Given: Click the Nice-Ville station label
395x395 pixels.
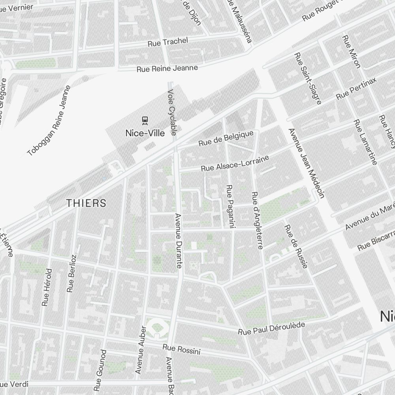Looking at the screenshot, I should click(x=145, y=133).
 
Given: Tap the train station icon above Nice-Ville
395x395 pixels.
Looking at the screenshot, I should click(x=145, y=119).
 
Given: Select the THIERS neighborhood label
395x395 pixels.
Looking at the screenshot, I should click(x=86, y=203).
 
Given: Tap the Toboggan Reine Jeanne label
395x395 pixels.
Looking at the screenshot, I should click(x=49, y=120).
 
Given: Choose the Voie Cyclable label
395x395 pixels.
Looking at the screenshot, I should click(x=172, y=112).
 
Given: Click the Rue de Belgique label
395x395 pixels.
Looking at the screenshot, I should click(x=226, y=139).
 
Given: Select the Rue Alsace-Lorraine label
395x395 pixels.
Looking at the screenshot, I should click(x=235, y=163).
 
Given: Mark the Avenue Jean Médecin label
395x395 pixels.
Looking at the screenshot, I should click(x=307, y=163).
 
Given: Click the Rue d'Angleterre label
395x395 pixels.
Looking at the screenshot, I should click(x=257, y=220).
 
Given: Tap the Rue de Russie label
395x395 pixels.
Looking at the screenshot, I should click(x=296, y=246).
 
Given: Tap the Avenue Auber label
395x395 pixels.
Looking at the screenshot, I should click(x=140, y=350).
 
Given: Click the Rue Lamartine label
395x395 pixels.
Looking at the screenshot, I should click(x=365, y=142).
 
